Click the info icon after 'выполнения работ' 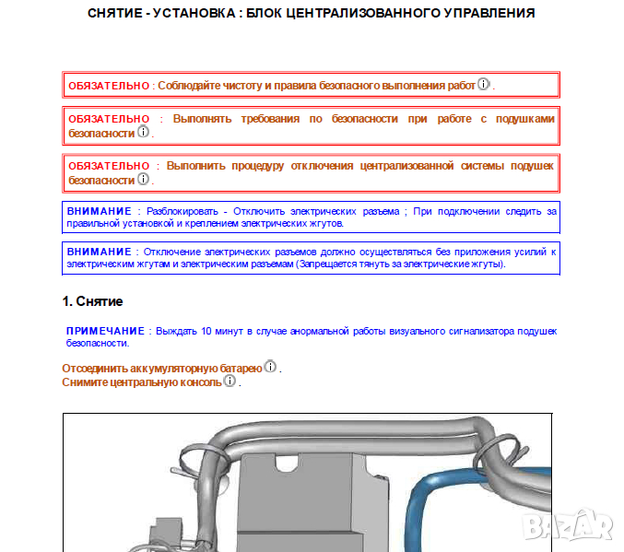484,85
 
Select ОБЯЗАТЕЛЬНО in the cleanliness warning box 109,86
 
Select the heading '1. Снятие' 92,301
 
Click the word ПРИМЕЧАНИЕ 106,330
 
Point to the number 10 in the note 206,330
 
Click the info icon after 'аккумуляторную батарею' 271,367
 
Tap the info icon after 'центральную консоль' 230,381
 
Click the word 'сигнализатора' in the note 454,330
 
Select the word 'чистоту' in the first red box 230,86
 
